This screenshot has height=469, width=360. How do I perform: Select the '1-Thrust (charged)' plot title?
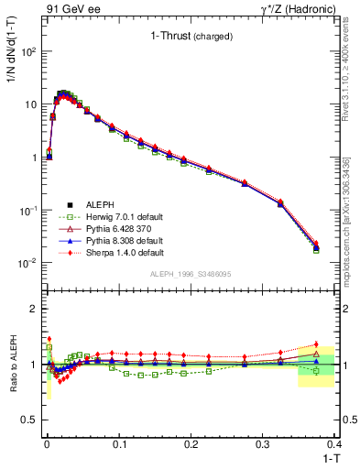[x=191, y=37]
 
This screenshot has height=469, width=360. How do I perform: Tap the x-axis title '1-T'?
[x=330, y=457]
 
